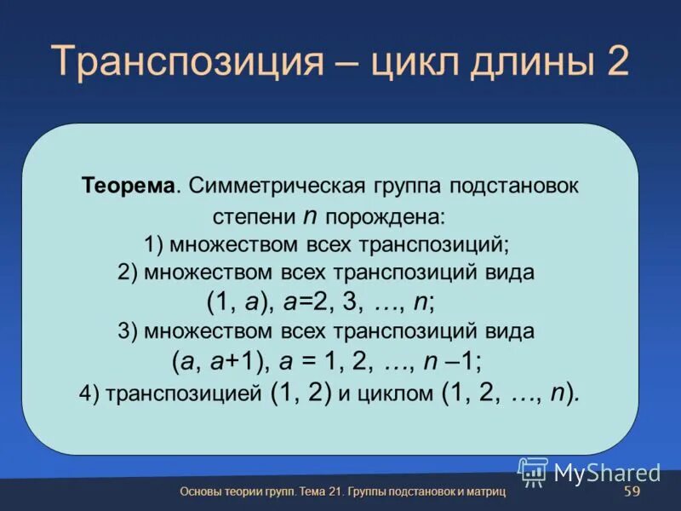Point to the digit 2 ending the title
click(x=617, y=62)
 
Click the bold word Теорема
click(x=129, y=186)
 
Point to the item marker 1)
click(x=154, y=244)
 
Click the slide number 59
click(x=632, y=492)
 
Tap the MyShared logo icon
click(x=533, y=471)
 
